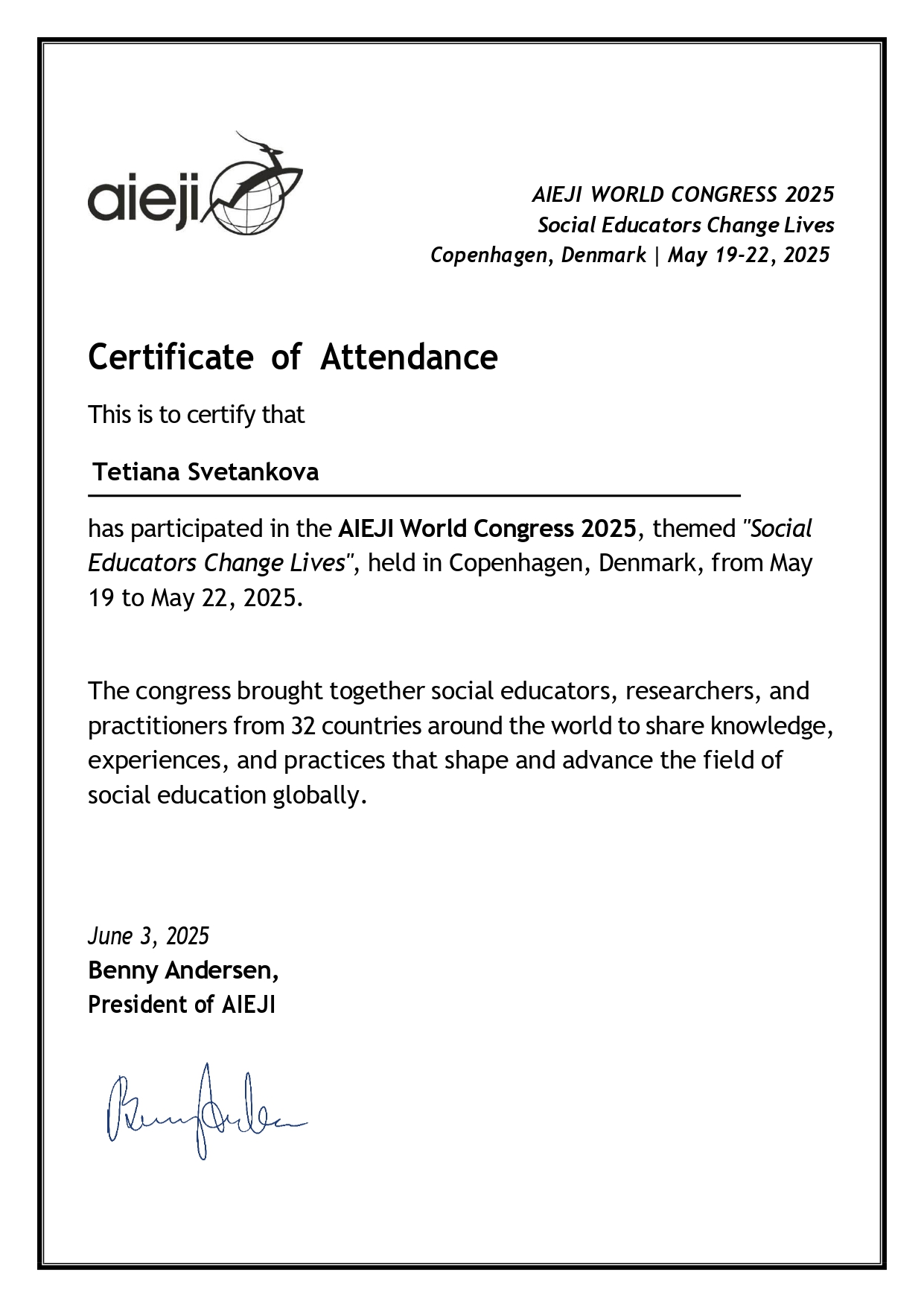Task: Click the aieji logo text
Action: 144,199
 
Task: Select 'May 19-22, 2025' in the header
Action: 748,255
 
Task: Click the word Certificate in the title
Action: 171,357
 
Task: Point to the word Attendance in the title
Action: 409,357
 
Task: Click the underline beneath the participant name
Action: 414,495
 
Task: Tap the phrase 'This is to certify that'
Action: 197,415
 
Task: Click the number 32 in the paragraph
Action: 303,725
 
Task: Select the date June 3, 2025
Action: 149,936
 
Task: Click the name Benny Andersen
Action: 183,970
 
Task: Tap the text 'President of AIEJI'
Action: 182,1005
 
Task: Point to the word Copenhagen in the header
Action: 490,255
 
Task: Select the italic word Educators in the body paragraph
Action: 143,563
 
